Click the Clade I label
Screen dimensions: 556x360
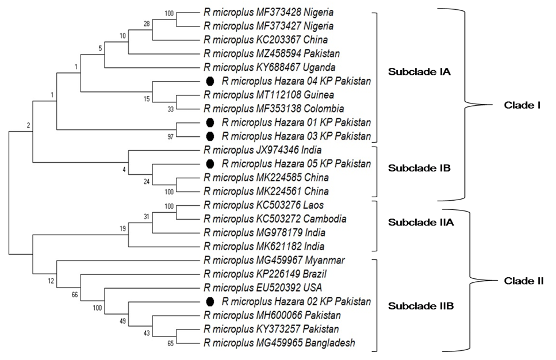click(522, 105)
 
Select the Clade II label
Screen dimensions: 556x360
click(524, 281)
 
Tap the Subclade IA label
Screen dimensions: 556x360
click(419, 72)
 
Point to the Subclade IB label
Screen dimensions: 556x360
click(419, 168)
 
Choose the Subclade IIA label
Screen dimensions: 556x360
click(421, 223)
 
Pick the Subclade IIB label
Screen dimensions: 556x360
click(421, 306)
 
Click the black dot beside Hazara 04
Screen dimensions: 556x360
click(210, 81)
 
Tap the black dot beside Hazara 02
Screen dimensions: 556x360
click(210, 301)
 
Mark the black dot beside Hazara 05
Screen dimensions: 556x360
click(210, 164)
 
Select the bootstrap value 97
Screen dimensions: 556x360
click(171, 136)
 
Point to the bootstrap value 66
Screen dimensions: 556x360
click(75, 295)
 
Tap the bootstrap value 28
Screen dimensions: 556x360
click(147, 24)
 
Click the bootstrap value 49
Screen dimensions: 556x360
click(122, 321)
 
